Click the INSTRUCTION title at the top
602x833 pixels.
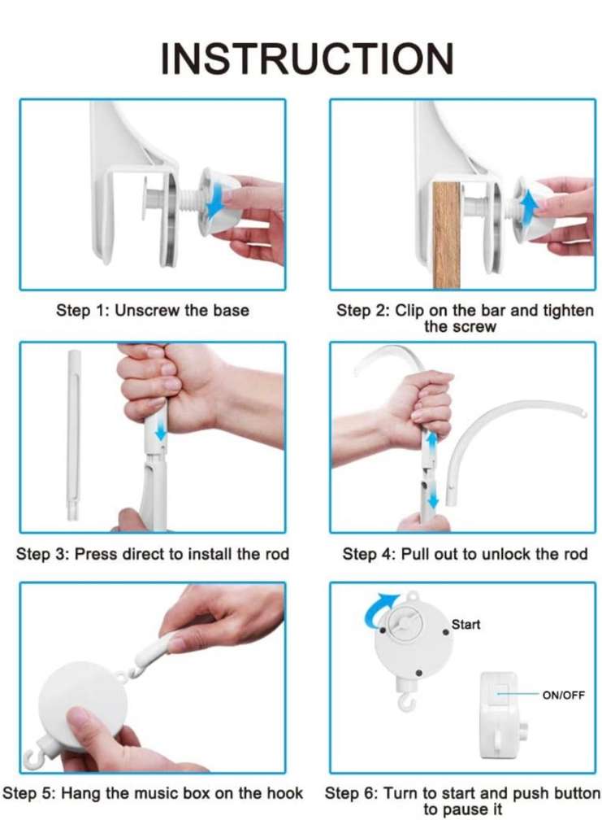point(307,58)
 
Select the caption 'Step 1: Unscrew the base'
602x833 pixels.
point(153,310)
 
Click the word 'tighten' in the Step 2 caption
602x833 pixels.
point(568,310)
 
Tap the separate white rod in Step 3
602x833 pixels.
point(74,435)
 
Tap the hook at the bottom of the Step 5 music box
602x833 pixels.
point(32,757)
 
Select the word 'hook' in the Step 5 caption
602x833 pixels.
point(285,793)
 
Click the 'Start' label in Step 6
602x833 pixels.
point(466,624)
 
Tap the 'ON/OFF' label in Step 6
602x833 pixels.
point(563,695)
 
